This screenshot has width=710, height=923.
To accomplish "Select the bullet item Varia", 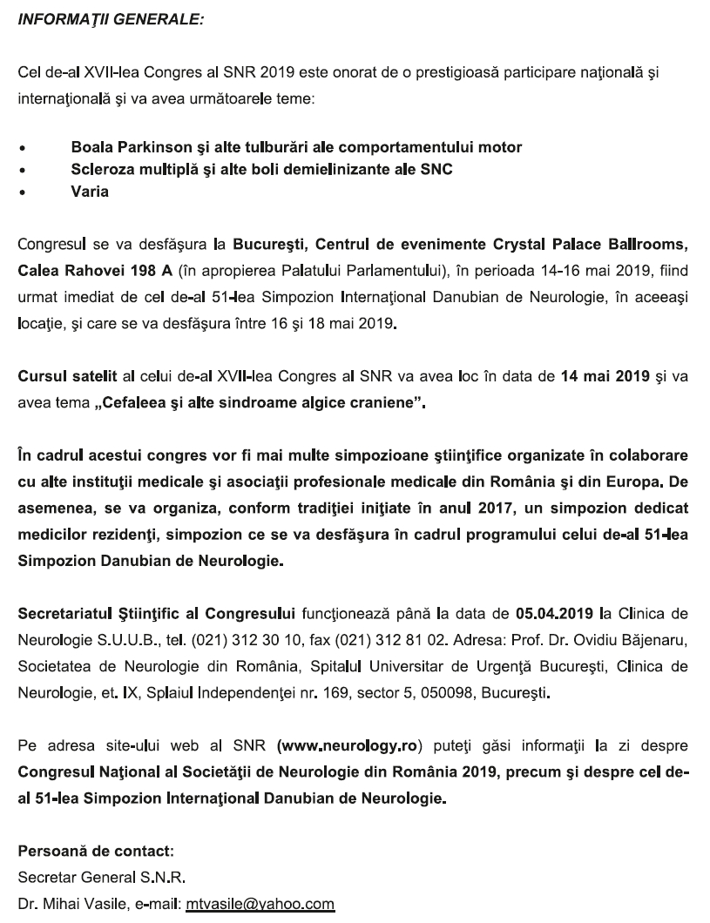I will (90, 192).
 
